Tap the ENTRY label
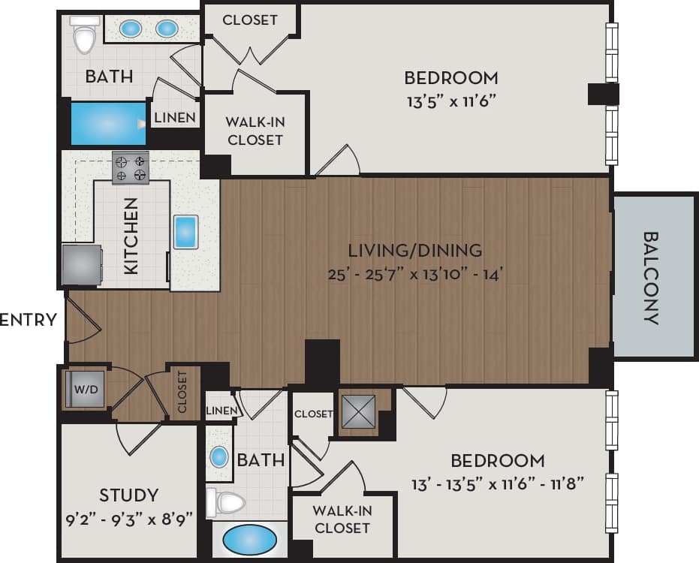(x=29, y=320)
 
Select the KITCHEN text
(x=131, y=235)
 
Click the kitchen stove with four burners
(x=130, y=167)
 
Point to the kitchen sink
(x=185, y=232)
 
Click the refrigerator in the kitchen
(x=81, y=264)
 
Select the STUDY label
(x=129, y=495)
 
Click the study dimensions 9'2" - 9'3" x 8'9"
(x=129, y=517)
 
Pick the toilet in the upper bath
(x=84, y=35)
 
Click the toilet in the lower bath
(x=227, y=502)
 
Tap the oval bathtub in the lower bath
(x=249, y=540)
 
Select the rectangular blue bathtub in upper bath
(x=108, y=124)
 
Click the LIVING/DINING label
(x=414, y=251)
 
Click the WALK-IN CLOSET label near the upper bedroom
(x=255, y=131)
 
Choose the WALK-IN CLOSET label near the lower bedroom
(x=342, y=519)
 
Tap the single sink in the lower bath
(x=219, y=456)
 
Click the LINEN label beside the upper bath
(x=176, y=118)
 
